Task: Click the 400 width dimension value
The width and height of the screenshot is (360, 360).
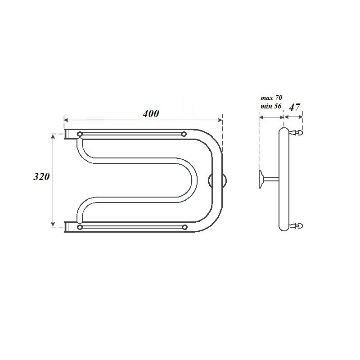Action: point(151,114)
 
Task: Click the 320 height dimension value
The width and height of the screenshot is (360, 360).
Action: point(41,177)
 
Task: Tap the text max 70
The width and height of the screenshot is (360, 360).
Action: point(271,97)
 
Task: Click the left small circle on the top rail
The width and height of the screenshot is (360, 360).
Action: point(80,134)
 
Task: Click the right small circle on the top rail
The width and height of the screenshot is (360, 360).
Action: point(184,134)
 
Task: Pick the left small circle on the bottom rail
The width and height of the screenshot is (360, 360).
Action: point(80,227)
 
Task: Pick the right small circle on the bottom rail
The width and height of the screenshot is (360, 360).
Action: point(184,227)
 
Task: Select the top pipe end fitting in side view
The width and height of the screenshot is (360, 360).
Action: point(297,133)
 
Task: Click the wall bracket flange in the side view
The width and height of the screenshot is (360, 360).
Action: point(261,180)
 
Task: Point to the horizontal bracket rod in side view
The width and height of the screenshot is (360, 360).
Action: point(271,180)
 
